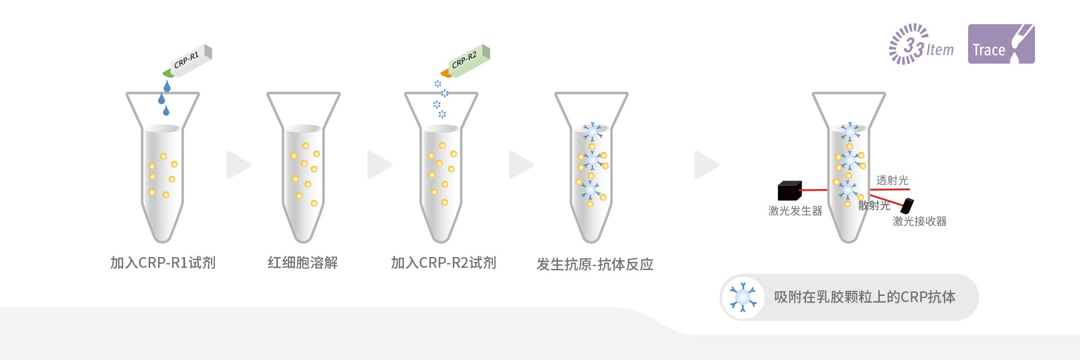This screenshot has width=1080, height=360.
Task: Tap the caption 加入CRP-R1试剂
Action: tap(163, 263)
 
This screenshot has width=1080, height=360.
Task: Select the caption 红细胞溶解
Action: tap(303, 263)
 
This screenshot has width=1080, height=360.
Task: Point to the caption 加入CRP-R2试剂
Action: tap(443, 263)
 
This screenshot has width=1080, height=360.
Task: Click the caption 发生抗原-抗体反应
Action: tap(595, 264)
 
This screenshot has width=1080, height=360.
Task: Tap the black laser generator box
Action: tap(789, 191)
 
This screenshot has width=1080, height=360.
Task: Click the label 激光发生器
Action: tap(795, 211)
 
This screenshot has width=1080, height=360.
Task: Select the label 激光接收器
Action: tap(919, 222)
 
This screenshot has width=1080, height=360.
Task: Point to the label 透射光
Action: tap(892, 181)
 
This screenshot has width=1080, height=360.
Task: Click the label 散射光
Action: tap(874, 206)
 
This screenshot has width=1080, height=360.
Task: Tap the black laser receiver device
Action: tap(907, 205)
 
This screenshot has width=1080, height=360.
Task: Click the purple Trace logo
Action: tap(1001, 44)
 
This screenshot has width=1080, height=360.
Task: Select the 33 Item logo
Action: tap(921, 44)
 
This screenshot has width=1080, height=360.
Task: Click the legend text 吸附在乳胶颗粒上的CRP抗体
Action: tap(865, 297)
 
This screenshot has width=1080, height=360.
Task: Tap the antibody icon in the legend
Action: tap(743, 297)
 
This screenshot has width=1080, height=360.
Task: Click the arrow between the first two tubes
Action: tap(238, 165)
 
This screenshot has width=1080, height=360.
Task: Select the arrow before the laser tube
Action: tap(706, 165)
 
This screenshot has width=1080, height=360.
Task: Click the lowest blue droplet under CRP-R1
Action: tap(166, 111)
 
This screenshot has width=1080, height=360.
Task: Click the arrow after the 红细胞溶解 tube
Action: tap(379, 165)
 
